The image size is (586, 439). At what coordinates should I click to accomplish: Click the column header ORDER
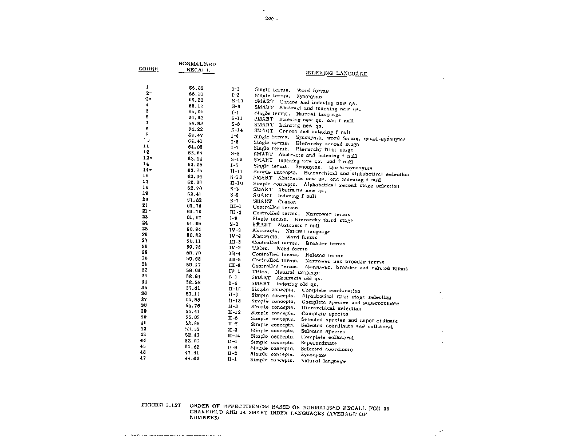click(x=148, y=69)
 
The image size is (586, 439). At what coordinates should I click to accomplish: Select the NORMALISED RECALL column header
click(x=197, y=66)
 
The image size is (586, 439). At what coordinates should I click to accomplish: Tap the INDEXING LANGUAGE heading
click(x=336, y=73)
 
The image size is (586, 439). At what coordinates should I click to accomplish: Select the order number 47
click(x=143, y=358)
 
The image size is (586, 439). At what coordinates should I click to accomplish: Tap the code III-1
click(x=235, y=206)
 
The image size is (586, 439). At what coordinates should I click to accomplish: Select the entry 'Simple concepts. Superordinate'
click(x=294, y=343)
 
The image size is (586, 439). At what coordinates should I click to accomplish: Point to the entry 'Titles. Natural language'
click(x=287, y=272)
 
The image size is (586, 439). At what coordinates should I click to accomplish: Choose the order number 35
click(x=144, y=288)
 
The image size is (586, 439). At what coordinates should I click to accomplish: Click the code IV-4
click(x=235, y=236)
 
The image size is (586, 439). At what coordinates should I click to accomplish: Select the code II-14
click(x=233, y=337)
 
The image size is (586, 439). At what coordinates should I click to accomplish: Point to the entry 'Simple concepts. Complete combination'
click(x=306, y=290)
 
